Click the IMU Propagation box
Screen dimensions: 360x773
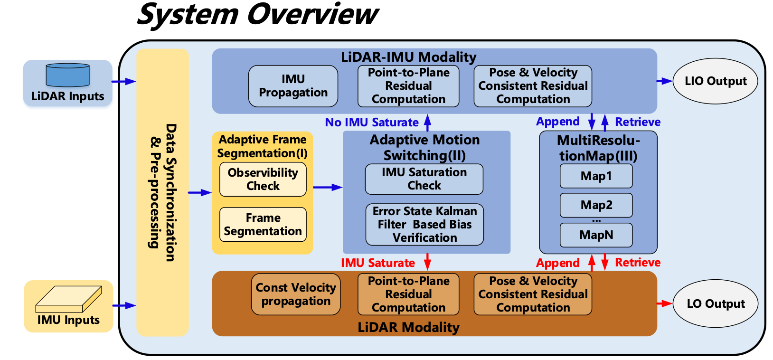pyautogui.click(x=293, y=86)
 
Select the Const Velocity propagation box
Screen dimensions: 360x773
pyautogui.click(x=296, y=294)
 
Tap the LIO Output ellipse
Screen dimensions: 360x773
pyautogui.click(x=715, y=81)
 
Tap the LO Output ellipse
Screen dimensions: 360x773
pyautogui.click(x=715, y=303)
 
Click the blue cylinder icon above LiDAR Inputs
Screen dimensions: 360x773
pyautogui.click(x=67, y=75)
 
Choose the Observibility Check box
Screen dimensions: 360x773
pyautogui.click(x=263, y=179)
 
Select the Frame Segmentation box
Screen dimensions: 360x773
pyautogui.click(x=263, y=224)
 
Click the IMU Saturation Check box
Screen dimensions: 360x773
pyautogui.click(x=424, y=179)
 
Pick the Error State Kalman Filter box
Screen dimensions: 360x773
pyautogui.click(x=424, y=224)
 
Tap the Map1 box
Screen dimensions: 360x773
pyautogui.click(x=596, y=176)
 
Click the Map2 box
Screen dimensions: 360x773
pyautogui.click(x=596, y=205)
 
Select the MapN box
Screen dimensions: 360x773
pyautogui.click(x=596, y=235)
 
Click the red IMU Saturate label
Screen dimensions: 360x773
pyautogui.click(x=377, y=263)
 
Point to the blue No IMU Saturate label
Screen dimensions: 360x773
pyautogui.click(x=371, y=123)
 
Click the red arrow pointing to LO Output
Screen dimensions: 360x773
pyautogui.click(x=665, y=303)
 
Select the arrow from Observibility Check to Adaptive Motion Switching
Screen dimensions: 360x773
pyautogui.click(x=327, y=187)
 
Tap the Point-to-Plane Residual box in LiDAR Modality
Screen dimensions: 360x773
pyautogui.click(x=408, y=294)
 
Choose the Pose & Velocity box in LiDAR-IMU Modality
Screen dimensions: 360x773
pyautogui.click(x=533, y=86)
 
